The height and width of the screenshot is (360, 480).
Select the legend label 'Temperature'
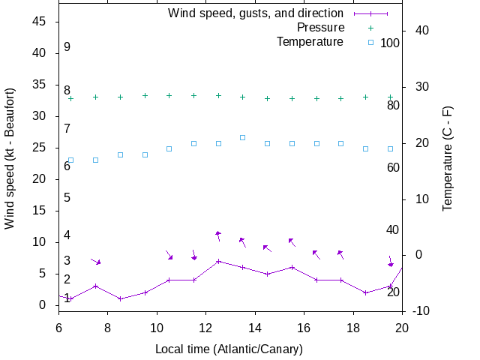click(310, 41)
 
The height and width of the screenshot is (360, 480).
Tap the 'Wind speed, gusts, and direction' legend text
click(255, 13)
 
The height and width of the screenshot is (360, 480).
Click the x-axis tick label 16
click(304, 327)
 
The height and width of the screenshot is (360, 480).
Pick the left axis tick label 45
click(40, 22)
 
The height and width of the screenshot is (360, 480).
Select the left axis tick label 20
click(40, 179)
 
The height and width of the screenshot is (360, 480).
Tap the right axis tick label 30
click(416, 86)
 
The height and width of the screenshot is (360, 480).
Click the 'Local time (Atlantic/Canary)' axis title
click(229, 349)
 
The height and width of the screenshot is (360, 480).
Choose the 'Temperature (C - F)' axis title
click(448, 158)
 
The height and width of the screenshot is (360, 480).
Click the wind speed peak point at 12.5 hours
click(218, 261)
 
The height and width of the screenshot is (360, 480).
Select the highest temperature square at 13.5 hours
click(242, 137)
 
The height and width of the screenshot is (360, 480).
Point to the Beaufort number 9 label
click(67, 46)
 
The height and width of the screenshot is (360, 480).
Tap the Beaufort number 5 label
click(67, 197)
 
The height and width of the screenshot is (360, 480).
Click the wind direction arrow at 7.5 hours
click(95, 261)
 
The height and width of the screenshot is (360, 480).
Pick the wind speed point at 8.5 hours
click(120, 298)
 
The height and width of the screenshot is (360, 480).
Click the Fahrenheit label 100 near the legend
click(390, 43)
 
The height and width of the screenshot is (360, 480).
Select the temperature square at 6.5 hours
click(70, 160)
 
